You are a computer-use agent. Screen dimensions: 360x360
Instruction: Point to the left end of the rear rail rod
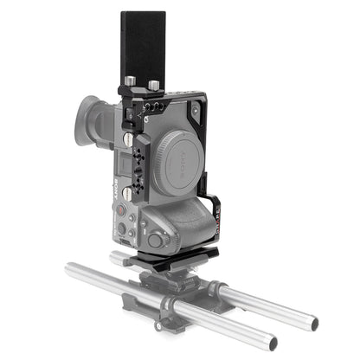pyautogui.click(x=117, y=257)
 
